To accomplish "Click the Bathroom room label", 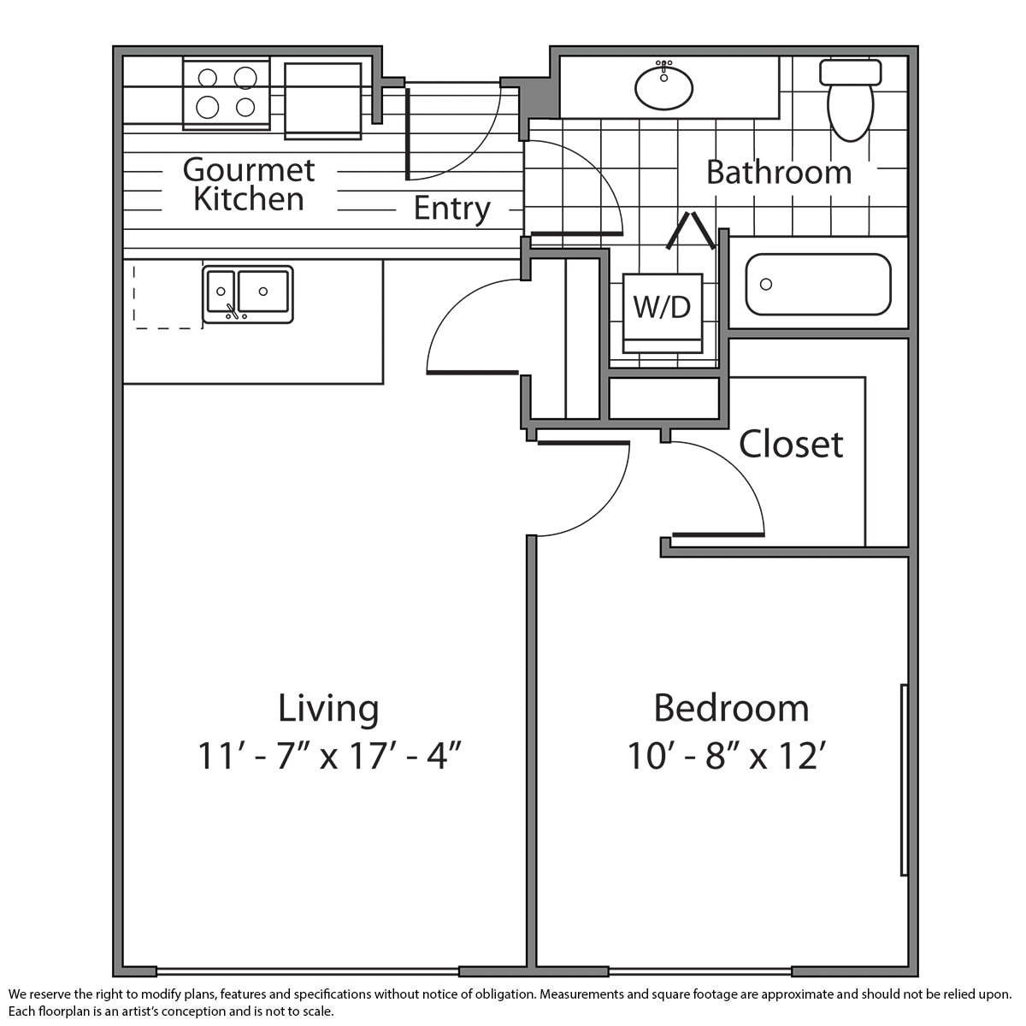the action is pyautogui.click(x=779, y=173).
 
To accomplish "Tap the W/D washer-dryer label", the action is pyautogui.click(x=662, y=307).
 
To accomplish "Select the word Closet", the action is pyautogui.click(x=791, y=444).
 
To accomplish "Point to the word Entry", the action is pyautogui.click(x=452, y=209).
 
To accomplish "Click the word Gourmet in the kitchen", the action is pyautogui.click(x=249, y=170).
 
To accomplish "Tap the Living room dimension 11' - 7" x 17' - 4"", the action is pyautogui.click(x=328, y=756).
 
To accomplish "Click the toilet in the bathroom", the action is pyautogui.click(x=850, y=99).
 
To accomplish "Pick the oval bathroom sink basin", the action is pyautogui.click(x=664, y=87).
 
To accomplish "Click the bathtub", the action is pyautogui.click(x=818, y=285).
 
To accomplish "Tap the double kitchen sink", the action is pyautogui.click(x=248, y=294).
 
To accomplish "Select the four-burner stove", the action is pyautogui.click(x=227, y=93).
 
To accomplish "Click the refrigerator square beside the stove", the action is pyautogui.click(x=323, y=101).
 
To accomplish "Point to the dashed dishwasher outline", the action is pyautogui.click(x=168, y=297).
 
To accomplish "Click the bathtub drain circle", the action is pyautogui.click(x=765, y=284).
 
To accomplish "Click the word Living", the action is pyautogui.click(x=328, y=709).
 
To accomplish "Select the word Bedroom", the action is pyautogui.click(x=731, y=708).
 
